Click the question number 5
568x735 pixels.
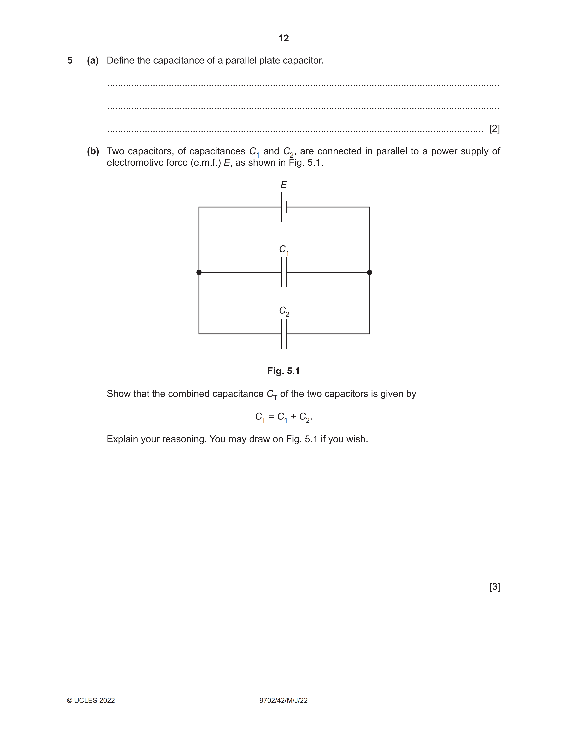(x=70, y=61)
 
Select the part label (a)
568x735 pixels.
(x=93, y=61)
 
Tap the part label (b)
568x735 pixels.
(x=93, y=151)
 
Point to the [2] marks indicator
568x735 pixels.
(x=494, y=129)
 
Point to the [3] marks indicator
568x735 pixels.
(x=494, y=587)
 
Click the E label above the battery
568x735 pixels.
(x=284, y=185)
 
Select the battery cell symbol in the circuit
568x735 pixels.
(x=284, y=207)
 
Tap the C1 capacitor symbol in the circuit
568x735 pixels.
(x=284, y=272)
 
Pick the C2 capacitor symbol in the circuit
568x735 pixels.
(x=284, y=334)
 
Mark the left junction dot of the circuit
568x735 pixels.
(x=199, y=272)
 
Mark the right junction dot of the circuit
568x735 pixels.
(x=370, y=272)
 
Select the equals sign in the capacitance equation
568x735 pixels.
(x=271, y=417)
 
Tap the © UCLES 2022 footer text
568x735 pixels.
(x=91, y=701)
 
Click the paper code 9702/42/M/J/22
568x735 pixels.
(x=283, y=701)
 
